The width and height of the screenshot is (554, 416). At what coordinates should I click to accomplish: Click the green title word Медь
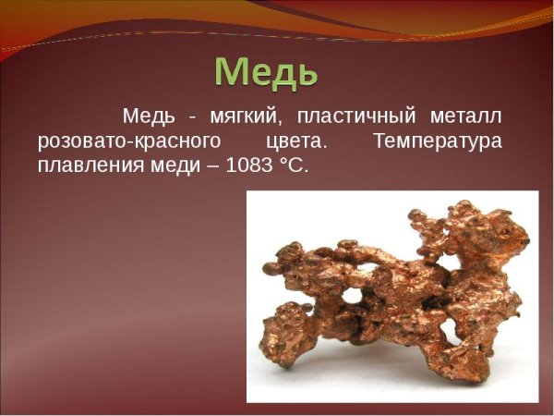(x=267, y=70)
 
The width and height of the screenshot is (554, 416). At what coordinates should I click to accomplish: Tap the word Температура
(x=438, y=141)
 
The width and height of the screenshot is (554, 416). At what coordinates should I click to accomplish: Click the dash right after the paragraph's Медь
(x=192, y=118)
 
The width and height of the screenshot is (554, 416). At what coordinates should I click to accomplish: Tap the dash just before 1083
(x=210, y=167)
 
